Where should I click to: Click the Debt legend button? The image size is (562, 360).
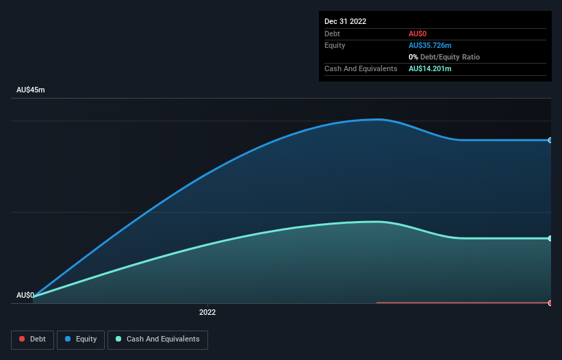pyautogui.click(x=33, y=339)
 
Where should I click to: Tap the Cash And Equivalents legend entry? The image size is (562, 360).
pyautogui.click(x=157, y=339)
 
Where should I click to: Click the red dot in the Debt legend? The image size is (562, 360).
pyautogui.click(x=23, y=339)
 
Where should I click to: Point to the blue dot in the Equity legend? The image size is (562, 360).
pyautogui.click(x=69, y=339)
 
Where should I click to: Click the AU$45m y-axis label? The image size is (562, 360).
pyautogui.click(x=30, y=90)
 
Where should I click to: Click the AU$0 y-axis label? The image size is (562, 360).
pyautogui.click(x=25, y=295)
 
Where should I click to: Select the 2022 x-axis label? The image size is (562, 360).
pyautogui.click(x=207, y=312)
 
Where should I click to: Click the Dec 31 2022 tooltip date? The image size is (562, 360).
pyautogui.click(x=345, y=21)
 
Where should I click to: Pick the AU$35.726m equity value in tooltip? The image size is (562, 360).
pyautogui.click(x=430, y=45)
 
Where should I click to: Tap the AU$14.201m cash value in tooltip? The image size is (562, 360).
pyautogui.click(x=430, y=68)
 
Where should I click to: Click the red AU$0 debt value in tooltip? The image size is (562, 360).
pyautogui.click(x=418, y=34)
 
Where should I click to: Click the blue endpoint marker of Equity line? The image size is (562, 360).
pyautogui.click(x=550, y=140)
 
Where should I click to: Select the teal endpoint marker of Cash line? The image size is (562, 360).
pyautogui.click(x=550, y=238)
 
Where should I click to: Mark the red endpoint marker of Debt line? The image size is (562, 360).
pyautogui.click(x=550, y=303)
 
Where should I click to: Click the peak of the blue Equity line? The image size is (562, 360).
pyautogui.click(x=377, y=120)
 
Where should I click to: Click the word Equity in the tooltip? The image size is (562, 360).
pyautogui.click(x=335, y=45)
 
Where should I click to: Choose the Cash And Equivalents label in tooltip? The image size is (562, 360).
pyautogui.click(x=361, y=68)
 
